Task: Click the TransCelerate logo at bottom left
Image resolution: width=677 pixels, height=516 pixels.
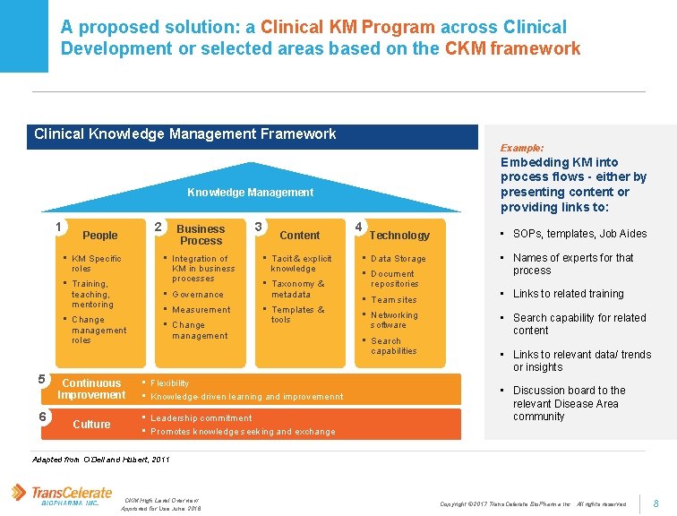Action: point(61,494)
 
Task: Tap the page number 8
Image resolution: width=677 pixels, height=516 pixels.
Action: point(656,503)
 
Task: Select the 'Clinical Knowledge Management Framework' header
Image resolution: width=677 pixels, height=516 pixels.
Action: point(185,134)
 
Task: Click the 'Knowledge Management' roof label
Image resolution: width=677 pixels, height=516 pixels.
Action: point(250,193)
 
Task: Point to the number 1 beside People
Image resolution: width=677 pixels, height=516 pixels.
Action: point(57,227)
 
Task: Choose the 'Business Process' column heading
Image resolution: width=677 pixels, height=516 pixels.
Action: point(201,235)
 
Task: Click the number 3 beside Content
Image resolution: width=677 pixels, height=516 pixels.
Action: point(258,227)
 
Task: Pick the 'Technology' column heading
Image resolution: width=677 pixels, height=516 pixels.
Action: point(399,235)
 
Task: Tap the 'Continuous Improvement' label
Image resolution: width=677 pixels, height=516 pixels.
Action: point(91,389)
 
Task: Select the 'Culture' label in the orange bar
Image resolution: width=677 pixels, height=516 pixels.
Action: point(91,424)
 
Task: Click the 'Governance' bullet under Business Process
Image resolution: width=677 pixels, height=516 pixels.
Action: point(198,295)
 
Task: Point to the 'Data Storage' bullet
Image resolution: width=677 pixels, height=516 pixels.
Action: point(398,259)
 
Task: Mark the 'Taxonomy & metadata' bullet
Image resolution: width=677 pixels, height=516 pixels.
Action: point(297,288)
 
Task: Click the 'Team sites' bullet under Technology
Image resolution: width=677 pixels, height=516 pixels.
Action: point(394,300)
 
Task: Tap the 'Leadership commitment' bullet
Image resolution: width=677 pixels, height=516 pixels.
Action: point(201,418)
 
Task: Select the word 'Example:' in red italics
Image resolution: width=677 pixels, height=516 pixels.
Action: point(522,147)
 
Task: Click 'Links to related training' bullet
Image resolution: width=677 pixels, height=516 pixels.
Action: point(569,294)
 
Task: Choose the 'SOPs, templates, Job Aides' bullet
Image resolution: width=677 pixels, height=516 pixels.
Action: point(579,234)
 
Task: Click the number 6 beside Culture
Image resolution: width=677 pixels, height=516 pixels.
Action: point(42,417)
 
